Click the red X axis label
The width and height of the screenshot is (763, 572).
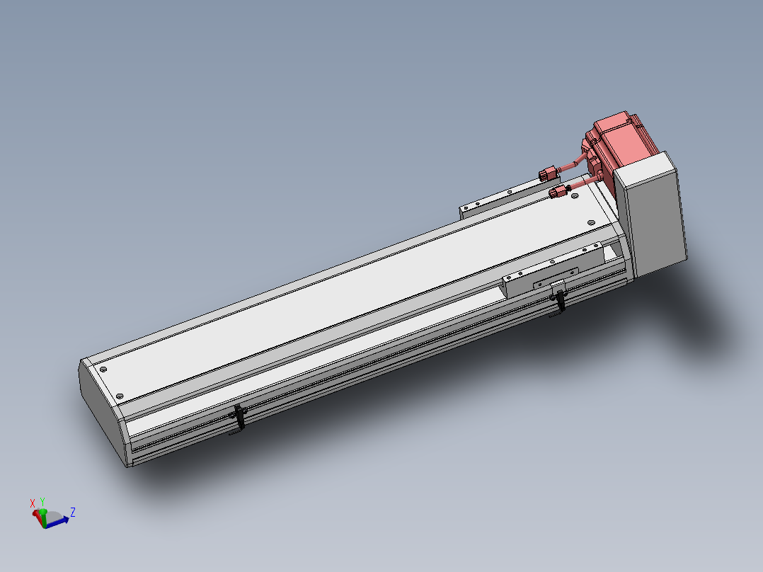[x=32, y=503]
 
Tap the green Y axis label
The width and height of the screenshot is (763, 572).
[x=42, y=502]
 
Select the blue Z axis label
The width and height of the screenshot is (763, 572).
[x=72, y=512]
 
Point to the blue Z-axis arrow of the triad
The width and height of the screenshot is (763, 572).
[x=57, y=522]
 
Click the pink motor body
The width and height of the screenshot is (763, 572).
[x=619, y=141]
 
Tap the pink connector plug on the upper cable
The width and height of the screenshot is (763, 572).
[x=548, y=174]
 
